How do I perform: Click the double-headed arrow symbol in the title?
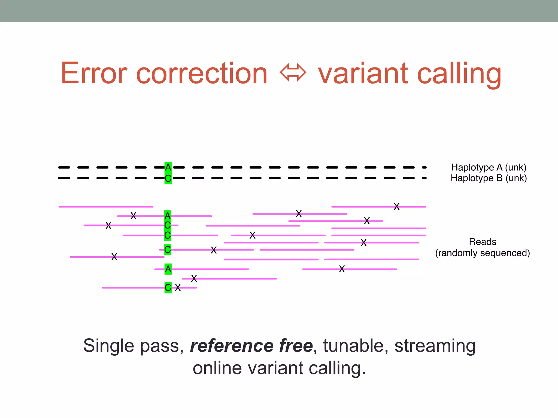tap(293, 73)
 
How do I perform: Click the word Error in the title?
tap(94, 73)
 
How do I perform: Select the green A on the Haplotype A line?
tap(168, 167)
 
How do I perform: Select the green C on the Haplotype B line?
tap(168, 179)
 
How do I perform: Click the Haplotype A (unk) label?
tap(489, 167)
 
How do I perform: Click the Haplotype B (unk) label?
tap(489, 178)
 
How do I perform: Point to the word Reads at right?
tap(482, 242)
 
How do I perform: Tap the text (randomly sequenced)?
tap(482, 253)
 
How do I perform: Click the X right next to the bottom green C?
tap(178, 288)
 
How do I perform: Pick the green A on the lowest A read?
tap(168, 269)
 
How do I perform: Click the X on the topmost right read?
tap(396, 207)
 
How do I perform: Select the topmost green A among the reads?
tap(168, 216)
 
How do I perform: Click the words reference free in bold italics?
tap(251, 346)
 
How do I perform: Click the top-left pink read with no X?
tap(106, 207)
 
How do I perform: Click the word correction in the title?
tap(202, 73)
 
